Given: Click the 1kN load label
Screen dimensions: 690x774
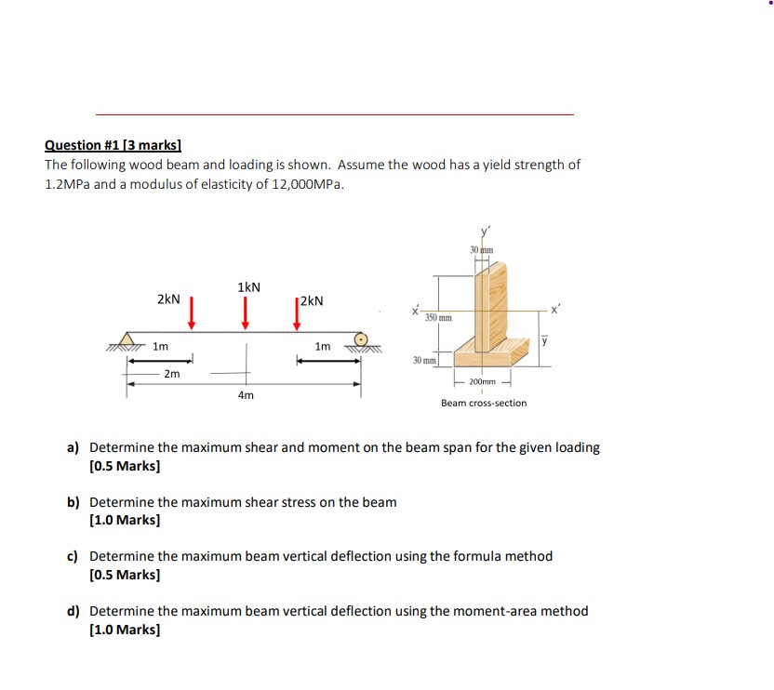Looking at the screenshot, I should pos(248,286).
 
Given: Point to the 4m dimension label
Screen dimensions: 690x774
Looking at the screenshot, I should pos(245,395).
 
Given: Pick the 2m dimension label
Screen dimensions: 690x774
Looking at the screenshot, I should pos(171,374).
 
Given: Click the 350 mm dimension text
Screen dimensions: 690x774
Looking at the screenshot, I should pos(438,318).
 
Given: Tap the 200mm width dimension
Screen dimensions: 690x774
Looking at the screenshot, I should pos(482,382).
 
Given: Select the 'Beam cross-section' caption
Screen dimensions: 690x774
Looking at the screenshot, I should pos(483,403).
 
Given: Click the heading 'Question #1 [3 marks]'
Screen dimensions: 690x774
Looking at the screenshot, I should pos(113,144).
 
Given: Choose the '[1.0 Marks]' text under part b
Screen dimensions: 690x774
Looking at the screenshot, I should pos(124,521).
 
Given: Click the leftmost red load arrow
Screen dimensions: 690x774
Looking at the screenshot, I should pos(191,312).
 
